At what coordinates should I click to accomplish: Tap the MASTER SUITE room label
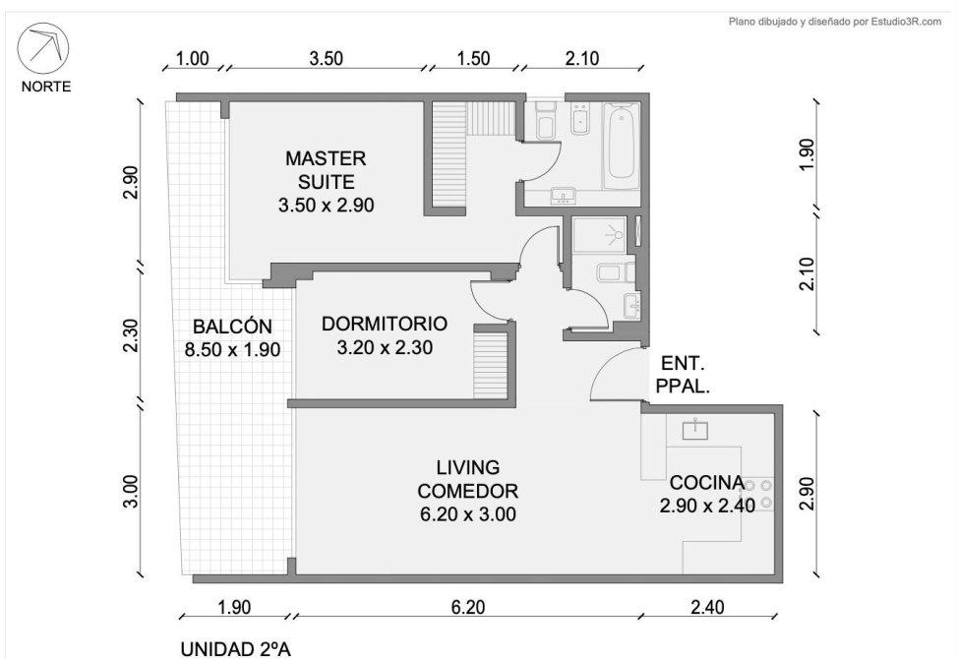pyautogui.click(x=326, y=182)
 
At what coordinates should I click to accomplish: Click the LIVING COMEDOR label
pyautogui.click(x=468, y=491)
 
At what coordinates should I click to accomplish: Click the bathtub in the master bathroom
pyautogui.click(x=622, y=146)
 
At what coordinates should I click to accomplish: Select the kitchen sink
pyautogui.click(x=695, y=429)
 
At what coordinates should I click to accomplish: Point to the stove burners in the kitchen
pyautogui.click(x=758, y=494)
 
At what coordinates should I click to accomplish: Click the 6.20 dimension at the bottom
pyautogui.click(x=468, y=607)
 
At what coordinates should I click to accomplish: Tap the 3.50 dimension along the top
pyautogui.click(x=326, y=59)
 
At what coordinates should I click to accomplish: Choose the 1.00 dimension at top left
pyautogui.click(x=192, y=59)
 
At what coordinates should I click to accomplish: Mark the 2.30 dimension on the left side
pyautogui.click(x=131, y=335)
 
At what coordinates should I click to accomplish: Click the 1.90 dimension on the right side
pyautogui.click(x=807, y=155)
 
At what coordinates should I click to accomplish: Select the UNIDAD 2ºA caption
pyautogui.click(x=240, y=648)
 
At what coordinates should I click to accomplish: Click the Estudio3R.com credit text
pyautogui.click(x=906, y=22)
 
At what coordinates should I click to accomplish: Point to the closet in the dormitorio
pyautogui.click(x=491, y=365)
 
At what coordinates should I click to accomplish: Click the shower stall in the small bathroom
pyautogui.click(x=599, y=235)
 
